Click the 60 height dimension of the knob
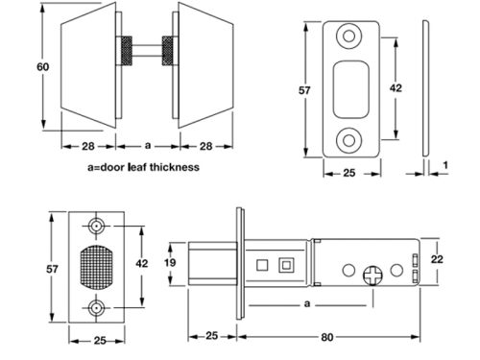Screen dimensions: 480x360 [x=43, y=67]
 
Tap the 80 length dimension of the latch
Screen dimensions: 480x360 [x=326, y=337]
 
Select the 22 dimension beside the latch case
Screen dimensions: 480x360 [x=437, y=259]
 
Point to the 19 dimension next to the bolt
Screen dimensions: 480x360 [x=170, y=262]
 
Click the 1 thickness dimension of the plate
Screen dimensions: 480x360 [x=445, y=165]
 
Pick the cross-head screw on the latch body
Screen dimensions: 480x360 [x=372, y=276]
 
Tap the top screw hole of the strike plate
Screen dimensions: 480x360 [x=349, y=36]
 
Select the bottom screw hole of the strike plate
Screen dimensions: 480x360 [x=349, y=140]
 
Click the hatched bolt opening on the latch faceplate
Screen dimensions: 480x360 [x=96, y=268]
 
